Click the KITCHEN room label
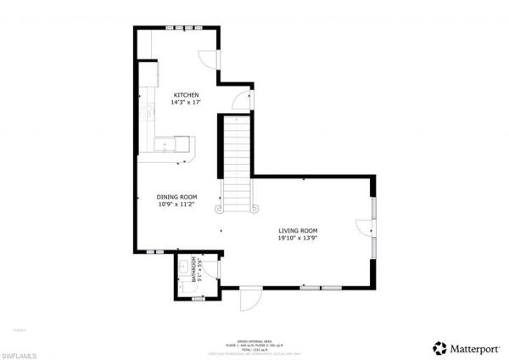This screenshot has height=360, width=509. (186, 94)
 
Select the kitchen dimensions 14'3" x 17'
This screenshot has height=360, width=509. (186, 102)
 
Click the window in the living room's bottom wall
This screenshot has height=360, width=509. (320, 288)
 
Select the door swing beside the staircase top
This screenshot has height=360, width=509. (243, 99)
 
